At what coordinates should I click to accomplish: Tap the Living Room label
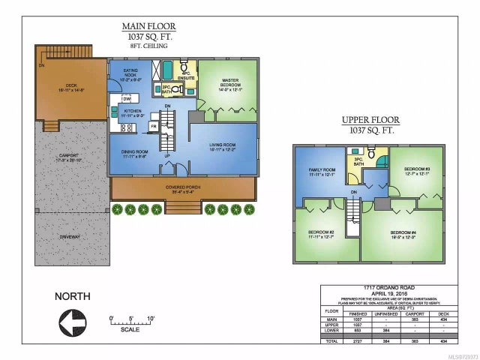pos(222,146)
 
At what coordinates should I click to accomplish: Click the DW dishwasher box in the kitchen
pos(127,98)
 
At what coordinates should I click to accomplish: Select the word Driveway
pos(72,236)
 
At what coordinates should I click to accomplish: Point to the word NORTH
pos(73,296)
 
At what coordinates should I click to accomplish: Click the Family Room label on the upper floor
pos(321,172)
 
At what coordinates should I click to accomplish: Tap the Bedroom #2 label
pos(321,233)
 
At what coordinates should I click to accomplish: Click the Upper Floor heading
pos(370,120)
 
